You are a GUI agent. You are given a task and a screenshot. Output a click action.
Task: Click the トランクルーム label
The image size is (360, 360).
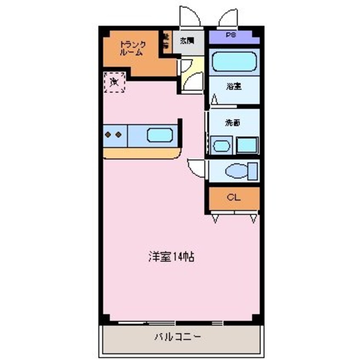pos(132,49)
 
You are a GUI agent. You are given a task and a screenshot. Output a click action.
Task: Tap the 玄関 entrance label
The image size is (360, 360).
pos(186,41)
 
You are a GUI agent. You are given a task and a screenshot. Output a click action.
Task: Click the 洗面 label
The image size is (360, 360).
pos(232,123)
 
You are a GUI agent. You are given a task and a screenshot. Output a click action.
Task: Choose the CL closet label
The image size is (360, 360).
pos(233,197)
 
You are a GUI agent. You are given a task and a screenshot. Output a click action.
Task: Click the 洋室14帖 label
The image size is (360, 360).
pos(171,257)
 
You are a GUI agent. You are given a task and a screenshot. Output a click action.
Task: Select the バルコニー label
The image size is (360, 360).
pos(177,337)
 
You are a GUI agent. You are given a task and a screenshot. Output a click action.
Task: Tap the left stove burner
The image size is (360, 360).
pos(109,135)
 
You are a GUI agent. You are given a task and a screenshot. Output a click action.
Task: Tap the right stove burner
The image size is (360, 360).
pos(119,135)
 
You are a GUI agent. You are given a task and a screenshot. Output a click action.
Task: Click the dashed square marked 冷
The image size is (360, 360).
pos(114,82)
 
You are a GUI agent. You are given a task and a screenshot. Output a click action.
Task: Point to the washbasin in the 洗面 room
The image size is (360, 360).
pos(221,146)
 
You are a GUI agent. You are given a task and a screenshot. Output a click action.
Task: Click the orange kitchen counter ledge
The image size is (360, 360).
pos(140,153)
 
